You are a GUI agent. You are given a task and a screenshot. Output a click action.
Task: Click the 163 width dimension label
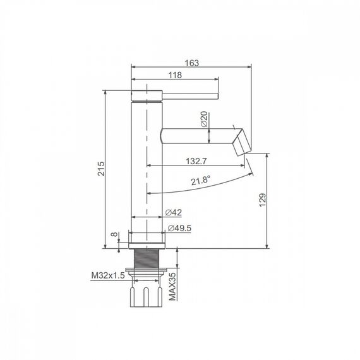coord(192,63)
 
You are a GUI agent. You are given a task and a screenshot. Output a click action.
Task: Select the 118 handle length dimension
coord(175,75)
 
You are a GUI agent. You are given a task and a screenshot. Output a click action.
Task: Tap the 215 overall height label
coord(101,169)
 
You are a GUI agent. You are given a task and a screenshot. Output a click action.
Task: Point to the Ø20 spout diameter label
coord(204,119)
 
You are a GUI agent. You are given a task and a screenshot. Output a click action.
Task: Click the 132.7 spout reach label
coord(196,161)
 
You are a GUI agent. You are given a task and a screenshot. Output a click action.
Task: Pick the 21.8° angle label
coord(201,181)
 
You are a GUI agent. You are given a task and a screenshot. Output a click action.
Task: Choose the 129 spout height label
coord(263,200)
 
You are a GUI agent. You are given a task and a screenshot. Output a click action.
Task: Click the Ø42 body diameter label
coord(174,212)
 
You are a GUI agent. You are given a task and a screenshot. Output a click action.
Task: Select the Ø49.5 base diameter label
coord(179,228)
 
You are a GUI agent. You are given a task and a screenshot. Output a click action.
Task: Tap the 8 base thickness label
coord(114,234)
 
